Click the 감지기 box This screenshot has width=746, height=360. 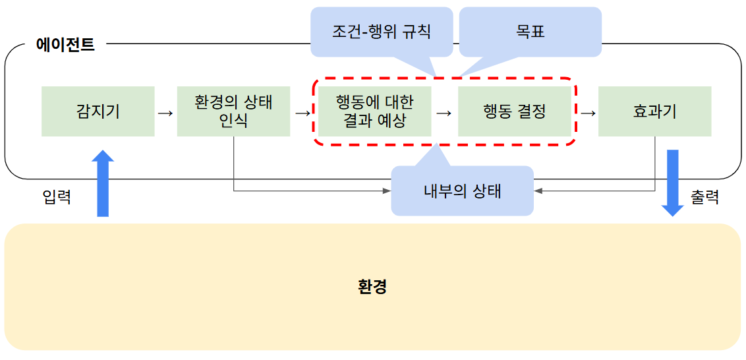(x=98, y=111)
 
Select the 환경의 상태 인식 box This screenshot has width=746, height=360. (x=233, y=111)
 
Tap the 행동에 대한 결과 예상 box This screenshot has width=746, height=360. (x=374, y=111)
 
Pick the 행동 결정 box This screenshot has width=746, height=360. (x=514, y=111)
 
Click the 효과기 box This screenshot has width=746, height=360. (x=654, y=111)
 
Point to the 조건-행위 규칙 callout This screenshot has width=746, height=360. (x=382, y=31)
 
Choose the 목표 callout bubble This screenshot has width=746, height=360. (x=531, y=31)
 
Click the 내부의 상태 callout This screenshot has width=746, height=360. (x=462, y=191)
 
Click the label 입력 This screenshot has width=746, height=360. (x=56, y=197)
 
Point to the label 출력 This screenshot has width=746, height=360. (x=704, y=197)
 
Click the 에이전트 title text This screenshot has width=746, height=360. (x=65, y=45)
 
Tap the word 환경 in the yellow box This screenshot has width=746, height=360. (x=372, y=287)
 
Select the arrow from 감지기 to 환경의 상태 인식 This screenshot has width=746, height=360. (x=165, y=113)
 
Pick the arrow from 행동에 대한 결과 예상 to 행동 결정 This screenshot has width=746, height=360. (x=444, y=113)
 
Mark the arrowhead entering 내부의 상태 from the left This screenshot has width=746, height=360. (x=387, y=191)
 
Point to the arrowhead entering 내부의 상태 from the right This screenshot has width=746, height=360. (x=538, y=191)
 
